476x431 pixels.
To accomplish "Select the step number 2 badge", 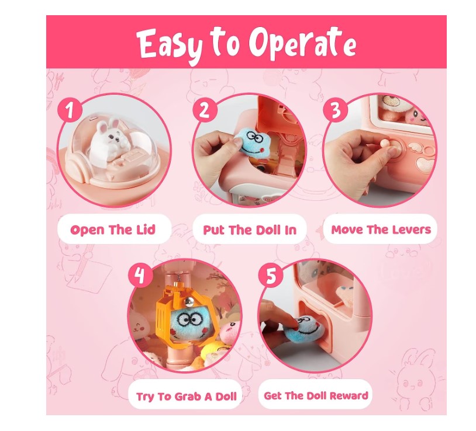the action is click(x=205, y=110).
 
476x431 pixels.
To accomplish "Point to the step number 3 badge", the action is click(x=335, y=110).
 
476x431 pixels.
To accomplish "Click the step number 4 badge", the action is click(x=140, y=276).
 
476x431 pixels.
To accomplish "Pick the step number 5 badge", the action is click(x=271, y=276).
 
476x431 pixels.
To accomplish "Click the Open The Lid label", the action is click(x=113, y=230).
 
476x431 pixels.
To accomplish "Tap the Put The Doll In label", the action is click(x=250, y=230).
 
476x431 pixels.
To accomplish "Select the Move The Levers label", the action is click(x=381, y=230).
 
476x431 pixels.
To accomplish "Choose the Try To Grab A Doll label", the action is click(x=186, y=396).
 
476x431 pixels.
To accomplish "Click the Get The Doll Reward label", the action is click(x=316, y=395).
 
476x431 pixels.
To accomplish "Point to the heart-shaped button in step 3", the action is click(x=424, y=164).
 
